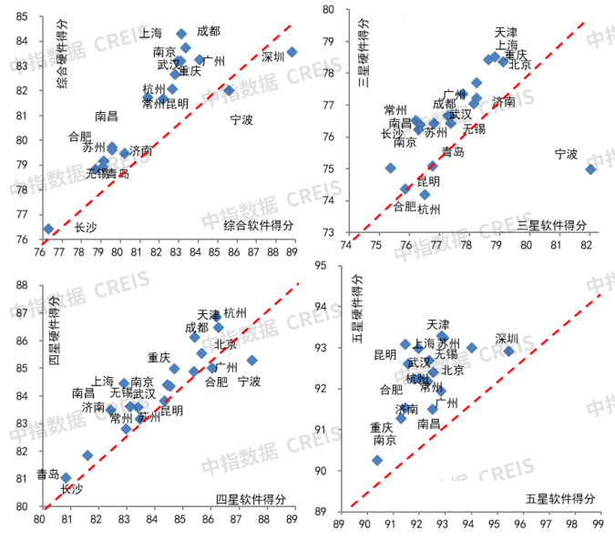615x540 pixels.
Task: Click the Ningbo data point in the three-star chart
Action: [x=590, y=168]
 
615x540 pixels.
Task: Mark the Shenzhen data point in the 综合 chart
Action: [x=292, y=52]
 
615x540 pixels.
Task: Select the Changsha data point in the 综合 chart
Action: [x=48, y=229]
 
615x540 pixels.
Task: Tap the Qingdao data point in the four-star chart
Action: [x=66, y=477]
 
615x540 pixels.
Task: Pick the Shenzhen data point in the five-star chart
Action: [x=509, y=351]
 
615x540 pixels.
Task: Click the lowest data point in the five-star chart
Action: [x=377, y=461]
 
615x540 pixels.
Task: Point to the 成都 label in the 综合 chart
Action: [x=208, y=31]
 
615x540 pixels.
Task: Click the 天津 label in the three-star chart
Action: [x=507, y=32]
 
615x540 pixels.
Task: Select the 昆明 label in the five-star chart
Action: [x=385, y=355]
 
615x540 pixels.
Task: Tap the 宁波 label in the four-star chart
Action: [x=250, y=382]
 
